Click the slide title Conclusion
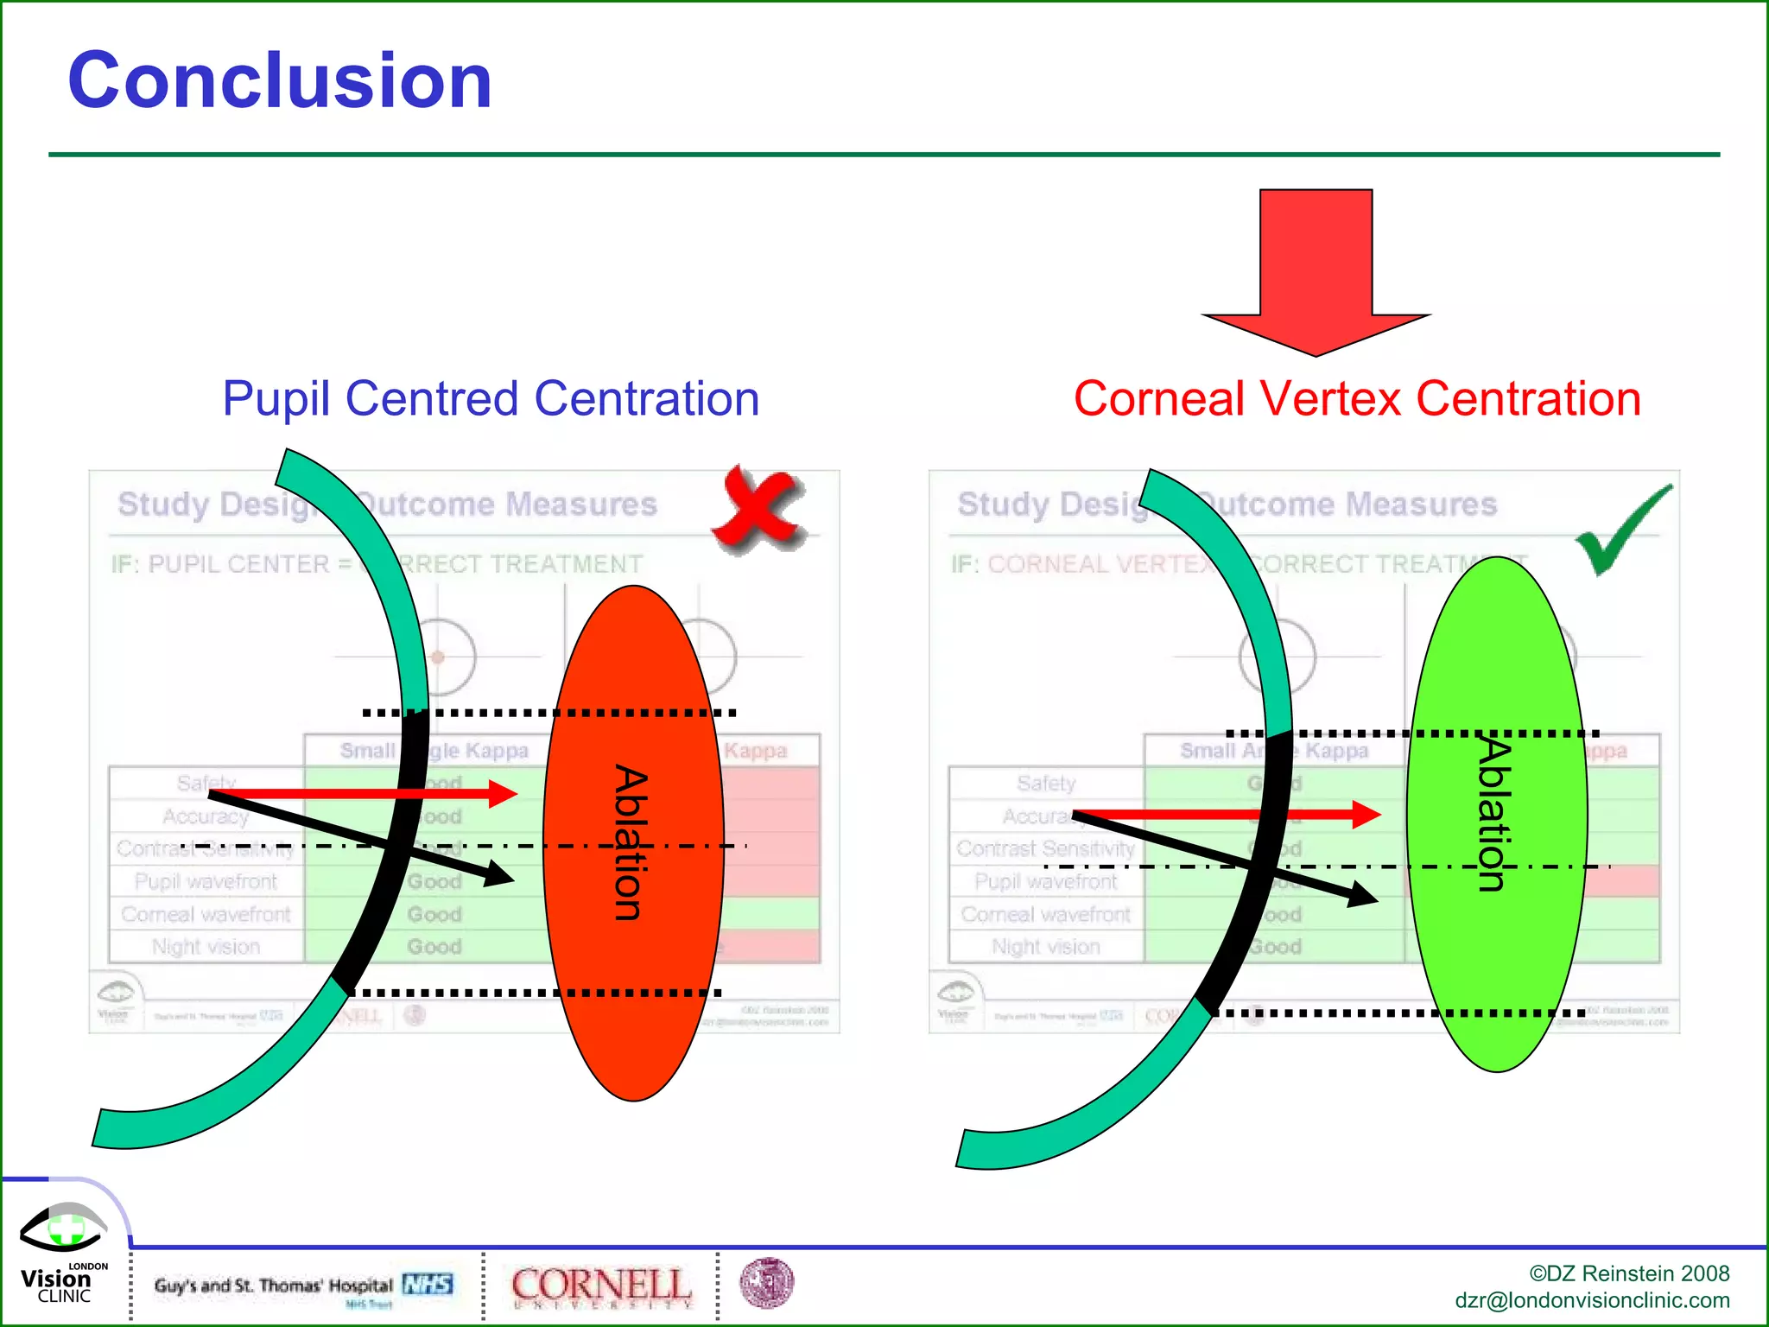pos(280,80)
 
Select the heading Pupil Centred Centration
pos(491,399)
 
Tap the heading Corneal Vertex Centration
pos(1357,399)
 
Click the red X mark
pos(758,508)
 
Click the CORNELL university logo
pos(601,1286)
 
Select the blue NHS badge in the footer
pos(428,1284)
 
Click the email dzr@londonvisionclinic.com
pos(1592,1300)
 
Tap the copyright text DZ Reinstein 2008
pos(1629,1273)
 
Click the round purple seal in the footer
pos(766,1283)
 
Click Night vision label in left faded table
pos(206,947)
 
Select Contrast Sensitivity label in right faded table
pos(1045,848)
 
